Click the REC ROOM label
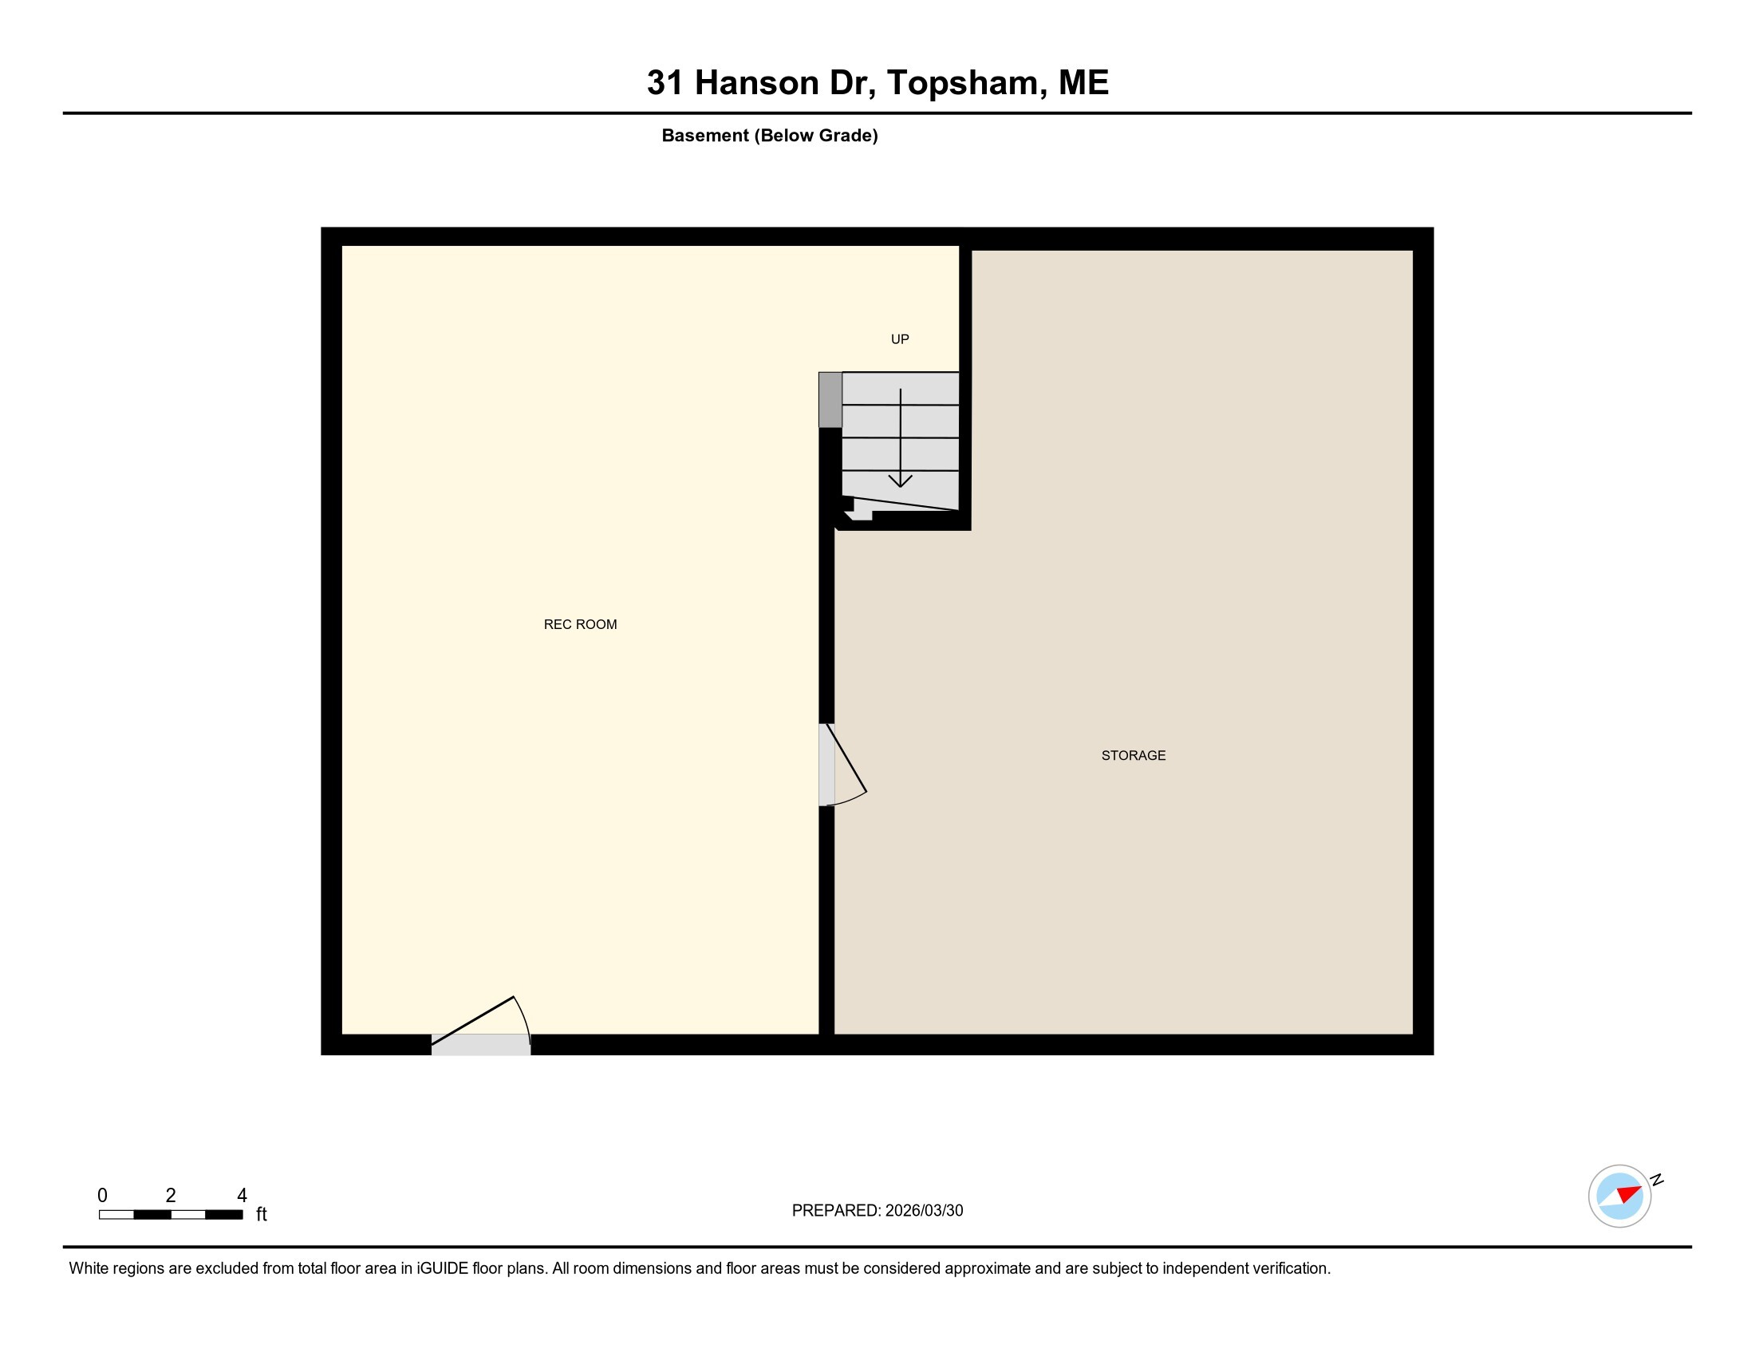point(580,625)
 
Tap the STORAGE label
point(1133,756)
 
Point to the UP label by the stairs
point(900,339)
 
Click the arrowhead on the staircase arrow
point(900,481)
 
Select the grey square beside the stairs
point(830,400)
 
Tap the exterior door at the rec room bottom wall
point(480,1044)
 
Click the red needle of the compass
point(1630,1193)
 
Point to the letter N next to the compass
point(1656,1179)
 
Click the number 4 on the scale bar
point(242,1196)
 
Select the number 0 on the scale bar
point(102,1196)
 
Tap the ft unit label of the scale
point(261,1215)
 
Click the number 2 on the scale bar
point(171,1196)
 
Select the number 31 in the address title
point(665,83)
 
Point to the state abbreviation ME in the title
point(1083,83)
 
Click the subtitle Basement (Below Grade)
point(769,136)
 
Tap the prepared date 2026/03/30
point(924,1211)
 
